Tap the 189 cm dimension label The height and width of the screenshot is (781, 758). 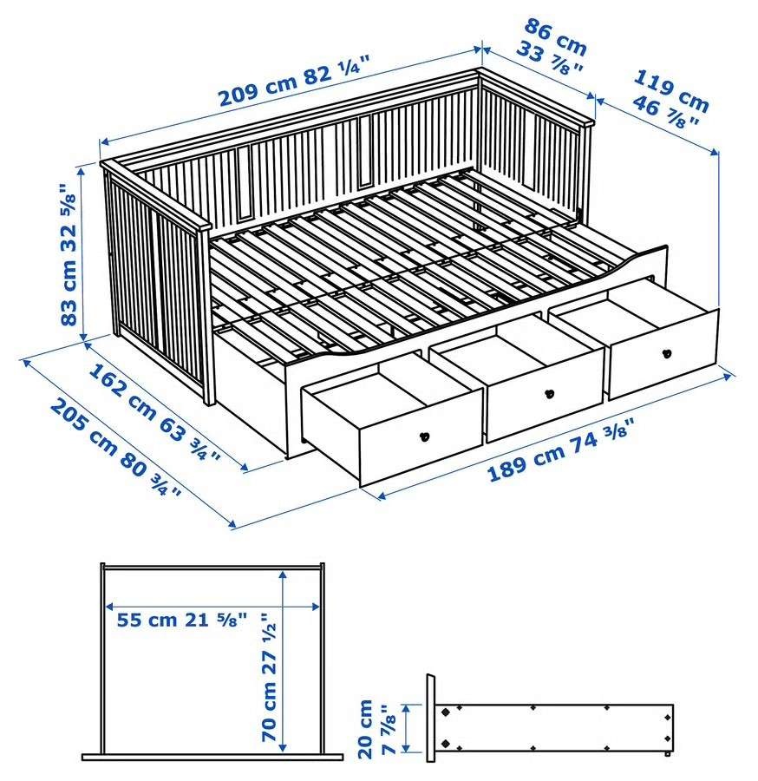tap(520, 461)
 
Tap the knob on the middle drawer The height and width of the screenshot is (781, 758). tap(549, 394)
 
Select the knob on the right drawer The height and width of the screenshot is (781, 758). tap(667, 352)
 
